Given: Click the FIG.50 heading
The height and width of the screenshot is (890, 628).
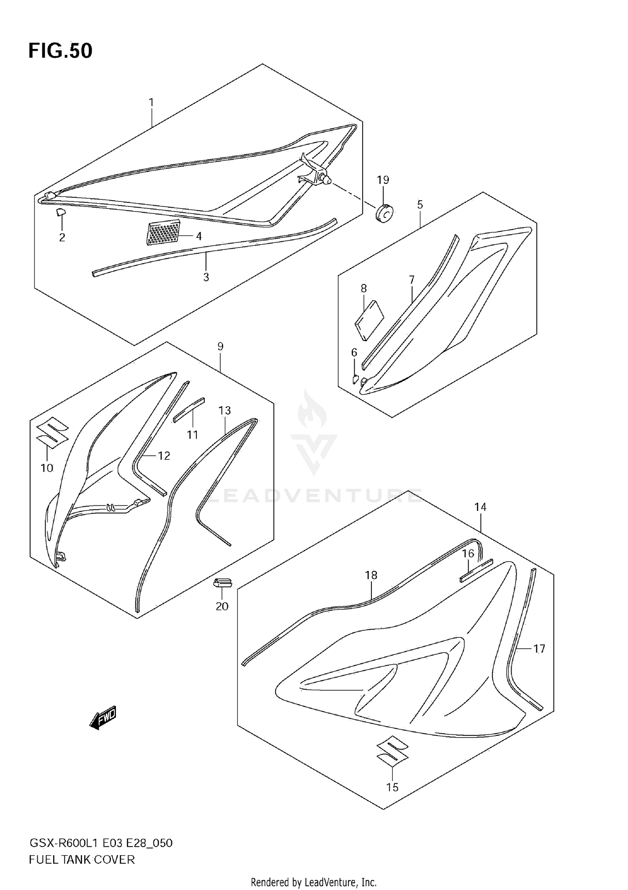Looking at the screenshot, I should coord(60,51).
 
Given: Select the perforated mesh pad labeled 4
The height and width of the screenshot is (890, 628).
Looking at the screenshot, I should coord(164,232).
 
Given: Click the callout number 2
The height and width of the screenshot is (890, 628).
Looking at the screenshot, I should coord(62,238).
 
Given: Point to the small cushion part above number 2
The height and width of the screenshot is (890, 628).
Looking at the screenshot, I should coord(61,211).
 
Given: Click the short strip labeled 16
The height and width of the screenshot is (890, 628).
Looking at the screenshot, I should coord(476,570).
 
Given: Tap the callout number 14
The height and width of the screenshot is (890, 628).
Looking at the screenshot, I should coord(480,507).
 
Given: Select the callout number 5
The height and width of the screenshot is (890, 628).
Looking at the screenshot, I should coord(420,205).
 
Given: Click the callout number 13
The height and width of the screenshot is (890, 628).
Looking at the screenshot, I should coord(224,410).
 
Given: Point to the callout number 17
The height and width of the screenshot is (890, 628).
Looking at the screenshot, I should coord(539,649).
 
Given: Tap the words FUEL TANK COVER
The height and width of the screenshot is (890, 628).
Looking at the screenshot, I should coord(82,860).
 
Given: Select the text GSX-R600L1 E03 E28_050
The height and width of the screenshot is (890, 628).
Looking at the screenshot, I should coord(100,843).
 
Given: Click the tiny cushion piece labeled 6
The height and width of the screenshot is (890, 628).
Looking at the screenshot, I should coord(355,379).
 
